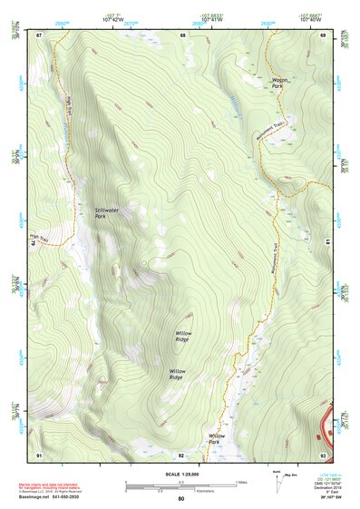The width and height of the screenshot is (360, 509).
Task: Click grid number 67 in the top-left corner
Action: (39, 34)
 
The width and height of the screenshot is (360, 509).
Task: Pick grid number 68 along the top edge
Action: (182, 34)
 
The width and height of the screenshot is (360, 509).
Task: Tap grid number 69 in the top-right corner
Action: (322, 34)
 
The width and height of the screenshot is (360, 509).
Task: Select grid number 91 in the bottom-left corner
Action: (39, 454)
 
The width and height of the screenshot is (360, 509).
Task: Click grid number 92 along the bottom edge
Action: (181, 454)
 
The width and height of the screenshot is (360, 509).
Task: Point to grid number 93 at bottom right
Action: (322, 454)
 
